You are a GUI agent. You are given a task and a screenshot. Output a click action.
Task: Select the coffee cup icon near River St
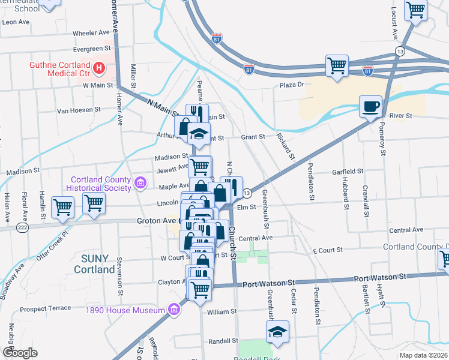tap(370, 107)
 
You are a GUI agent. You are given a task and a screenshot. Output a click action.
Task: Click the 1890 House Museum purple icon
tap(174, 310)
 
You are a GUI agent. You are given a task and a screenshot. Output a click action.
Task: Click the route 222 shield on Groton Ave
tap(23, 227)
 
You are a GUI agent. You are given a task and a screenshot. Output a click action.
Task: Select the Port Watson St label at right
tap(380, 277)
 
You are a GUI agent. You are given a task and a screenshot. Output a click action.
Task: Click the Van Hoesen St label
tap(79, 110)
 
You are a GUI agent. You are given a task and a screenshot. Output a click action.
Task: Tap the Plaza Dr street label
tap(292, 85)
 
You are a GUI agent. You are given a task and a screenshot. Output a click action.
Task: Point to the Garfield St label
tap(348, 171)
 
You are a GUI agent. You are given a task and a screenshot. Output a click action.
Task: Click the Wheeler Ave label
tap(92, 32)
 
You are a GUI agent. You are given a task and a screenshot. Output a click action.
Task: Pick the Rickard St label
tap(286, 147)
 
